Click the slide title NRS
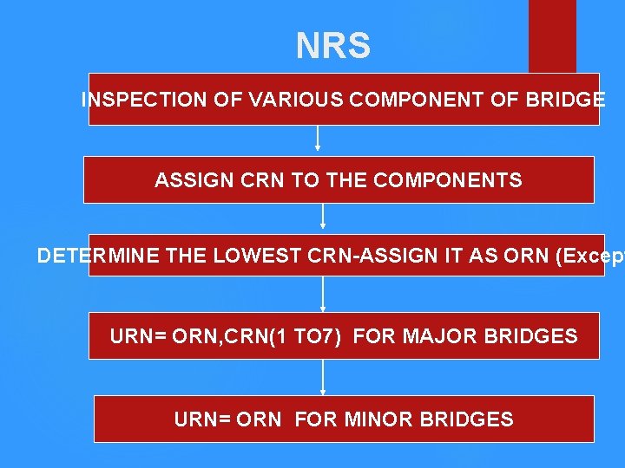point(333,46)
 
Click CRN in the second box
point(254,180)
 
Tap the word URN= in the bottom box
point(199,420)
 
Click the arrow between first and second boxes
point(318,139)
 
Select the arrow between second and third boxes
point(323,217)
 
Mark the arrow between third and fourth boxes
point(323,295)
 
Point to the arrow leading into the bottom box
point(323,377)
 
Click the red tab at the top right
point(552,35)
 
